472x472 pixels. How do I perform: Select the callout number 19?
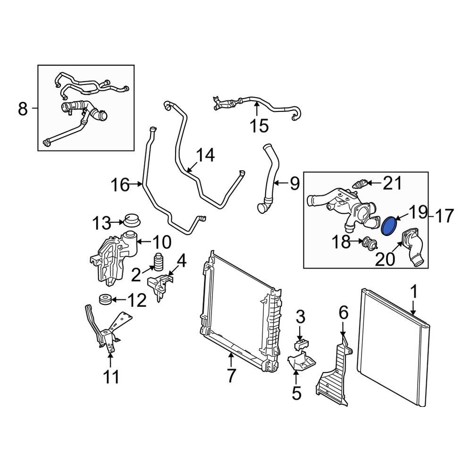(417, 213)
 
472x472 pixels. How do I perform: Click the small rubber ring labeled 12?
(105, 299)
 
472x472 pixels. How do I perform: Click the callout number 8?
(23, 109)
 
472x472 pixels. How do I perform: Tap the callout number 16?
(120, 185)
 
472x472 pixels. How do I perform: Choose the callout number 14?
(205, 155)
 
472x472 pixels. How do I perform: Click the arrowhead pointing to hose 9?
(276, 183)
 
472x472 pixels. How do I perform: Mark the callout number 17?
(444, 216)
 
